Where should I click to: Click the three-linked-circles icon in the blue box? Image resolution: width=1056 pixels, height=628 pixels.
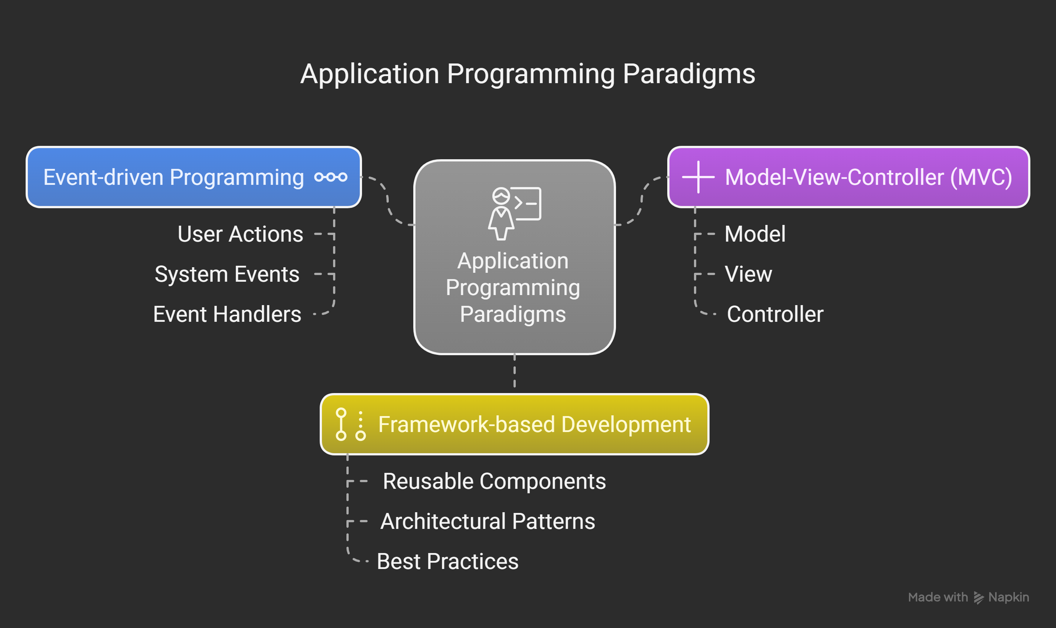point(330,177)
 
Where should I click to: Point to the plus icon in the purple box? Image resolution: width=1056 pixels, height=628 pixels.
point(698,177)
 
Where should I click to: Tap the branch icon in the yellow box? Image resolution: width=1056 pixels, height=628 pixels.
point(350,424)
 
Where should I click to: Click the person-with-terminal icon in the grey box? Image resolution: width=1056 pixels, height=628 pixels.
point(514,213)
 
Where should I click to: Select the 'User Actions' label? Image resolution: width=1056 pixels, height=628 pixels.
point(240,234)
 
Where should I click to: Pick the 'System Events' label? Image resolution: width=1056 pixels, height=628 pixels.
point(227,274)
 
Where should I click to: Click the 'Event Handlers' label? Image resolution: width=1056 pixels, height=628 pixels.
point(227,314)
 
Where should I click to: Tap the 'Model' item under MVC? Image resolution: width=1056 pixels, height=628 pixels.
point(754,234)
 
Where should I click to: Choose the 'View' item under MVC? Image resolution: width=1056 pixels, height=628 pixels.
point(748,274)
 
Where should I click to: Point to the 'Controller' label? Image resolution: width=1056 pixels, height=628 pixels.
point(775,314)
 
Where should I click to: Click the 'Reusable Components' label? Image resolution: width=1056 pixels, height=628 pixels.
point(494,481)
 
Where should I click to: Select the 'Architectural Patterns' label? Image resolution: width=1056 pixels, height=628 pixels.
point(488,521)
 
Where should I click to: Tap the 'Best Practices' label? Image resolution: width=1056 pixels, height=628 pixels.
point(447,562)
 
